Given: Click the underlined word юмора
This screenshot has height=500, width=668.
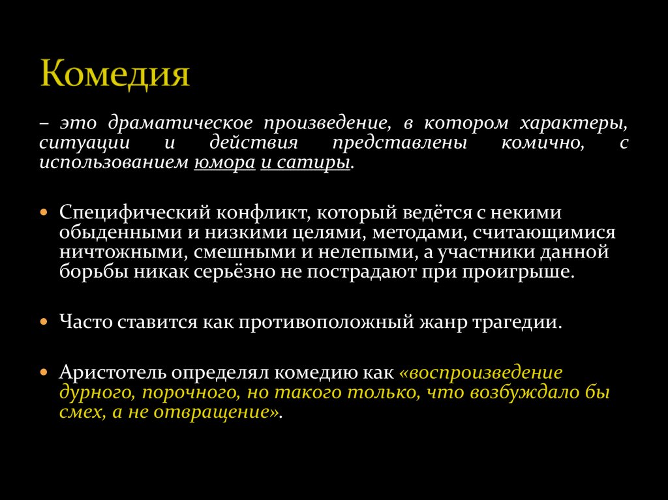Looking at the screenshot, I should [x=224, y=162].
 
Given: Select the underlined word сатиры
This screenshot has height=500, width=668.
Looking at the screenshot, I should [x=313, y=162].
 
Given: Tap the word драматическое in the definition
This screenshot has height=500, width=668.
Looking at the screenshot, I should [x=182, y=123].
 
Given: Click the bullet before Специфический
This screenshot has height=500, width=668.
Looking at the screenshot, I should [x=44, y=213].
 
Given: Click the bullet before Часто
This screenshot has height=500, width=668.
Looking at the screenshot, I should [x=44, y=322].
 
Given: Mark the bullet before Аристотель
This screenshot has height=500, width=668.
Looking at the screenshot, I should [x=44, y=373].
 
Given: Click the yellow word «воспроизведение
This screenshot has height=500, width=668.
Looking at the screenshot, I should [x=481, y=373].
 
